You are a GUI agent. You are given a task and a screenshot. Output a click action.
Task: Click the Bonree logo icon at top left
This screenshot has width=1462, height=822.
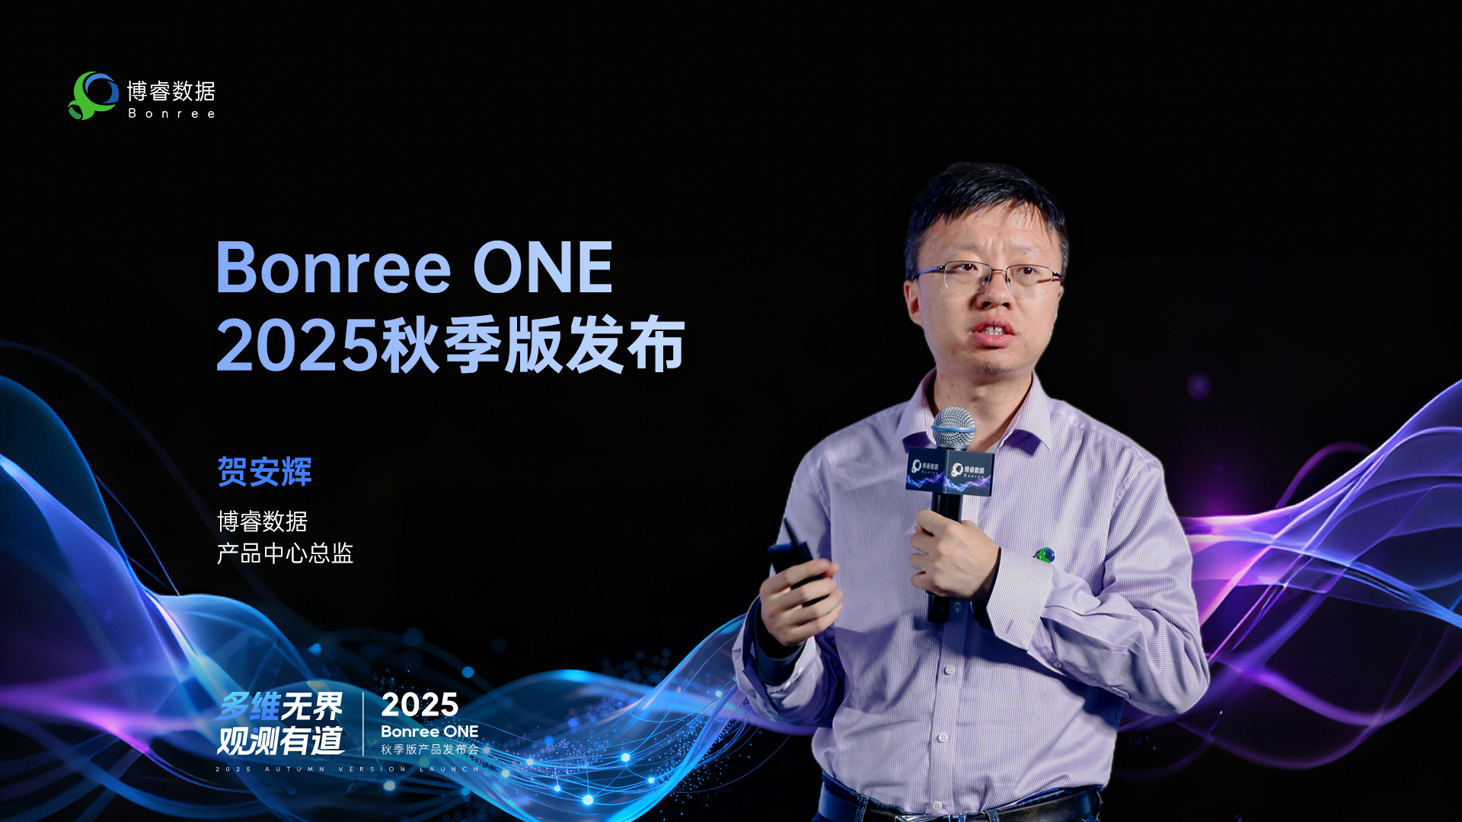tap(93, 95)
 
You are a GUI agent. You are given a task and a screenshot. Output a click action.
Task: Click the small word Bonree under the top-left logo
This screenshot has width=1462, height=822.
tap(171, 113)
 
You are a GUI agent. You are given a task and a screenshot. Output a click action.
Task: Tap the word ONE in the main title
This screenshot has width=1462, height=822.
tap(543, 267)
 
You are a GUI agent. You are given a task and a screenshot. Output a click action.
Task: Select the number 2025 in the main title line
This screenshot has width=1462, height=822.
tap(297, 346)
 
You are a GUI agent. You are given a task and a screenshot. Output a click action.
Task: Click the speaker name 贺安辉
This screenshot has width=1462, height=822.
tap(264, 471)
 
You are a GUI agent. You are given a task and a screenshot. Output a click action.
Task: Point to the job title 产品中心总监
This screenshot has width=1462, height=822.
tap(285, 553)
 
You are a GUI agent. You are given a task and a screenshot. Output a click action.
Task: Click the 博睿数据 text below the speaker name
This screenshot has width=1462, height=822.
tap(262, 521)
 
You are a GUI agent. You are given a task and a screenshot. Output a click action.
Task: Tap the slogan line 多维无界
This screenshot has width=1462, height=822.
tap(280, 706)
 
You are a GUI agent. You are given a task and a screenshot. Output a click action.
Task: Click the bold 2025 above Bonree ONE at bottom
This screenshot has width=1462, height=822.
tap(420, 705)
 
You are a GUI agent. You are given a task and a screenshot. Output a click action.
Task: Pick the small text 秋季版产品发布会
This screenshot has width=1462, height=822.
tap(430, 750)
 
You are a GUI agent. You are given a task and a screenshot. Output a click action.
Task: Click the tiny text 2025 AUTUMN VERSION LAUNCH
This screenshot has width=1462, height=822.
tap(348, 769)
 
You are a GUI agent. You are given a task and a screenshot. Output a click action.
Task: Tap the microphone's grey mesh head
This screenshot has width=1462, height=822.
tap(953, 428)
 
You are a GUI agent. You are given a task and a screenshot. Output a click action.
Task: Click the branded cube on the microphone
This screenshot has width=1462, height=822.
tap(950, 473)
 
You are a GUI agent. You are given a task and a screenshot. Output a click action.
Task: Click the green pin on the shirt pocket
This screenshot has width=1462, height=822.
tap(1045, 555)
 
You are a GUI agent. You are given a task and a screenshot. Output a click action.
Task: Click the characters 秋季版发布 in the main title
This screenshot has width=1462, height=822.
tap(533, 346)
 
